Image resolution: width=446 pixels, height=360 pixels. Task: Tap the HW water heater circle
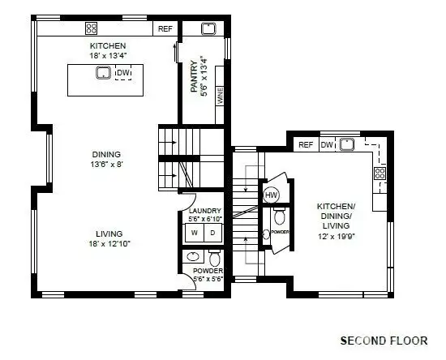[x=272, y=195]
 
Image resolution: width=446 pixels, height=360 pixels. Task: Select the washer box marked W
[x=195, y=234]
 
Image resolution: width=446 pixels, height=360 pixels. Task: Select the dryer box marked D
[x=214, y=234]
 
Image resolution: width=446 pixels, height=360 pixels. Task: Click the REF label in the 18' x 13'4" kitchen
[x=165, y=29]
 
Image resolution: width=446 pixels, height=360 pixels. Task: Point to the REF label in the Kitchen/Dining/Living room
[x=306, y=145]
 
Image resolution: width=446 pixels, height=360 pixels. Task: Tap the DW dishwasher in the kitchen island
[x=123, y=75]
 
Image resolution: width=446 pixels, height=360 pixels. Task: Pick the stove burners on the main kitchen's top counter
[x=92, y=28]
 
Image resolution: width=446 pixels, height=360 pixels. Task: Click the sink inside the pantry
[x=208, y=28]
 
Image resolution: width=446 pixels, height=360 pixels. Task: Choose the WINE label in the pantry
[x=220, y=92]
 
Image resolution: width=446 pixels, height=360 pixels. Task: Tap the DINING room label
[x=106, y=154]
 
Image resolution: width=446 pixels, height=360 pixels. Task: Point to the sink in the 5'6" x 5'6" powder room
[x=194, y=257]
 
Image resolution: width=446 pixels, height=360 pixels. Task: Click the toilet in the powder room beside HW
[x=280, y=216]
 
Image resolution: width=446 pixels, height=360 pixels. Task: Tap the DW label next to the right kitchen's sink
[x=326, y=145]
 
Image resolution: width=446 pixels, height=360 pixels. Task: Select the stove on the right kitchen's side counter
[x=379, y=172]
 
